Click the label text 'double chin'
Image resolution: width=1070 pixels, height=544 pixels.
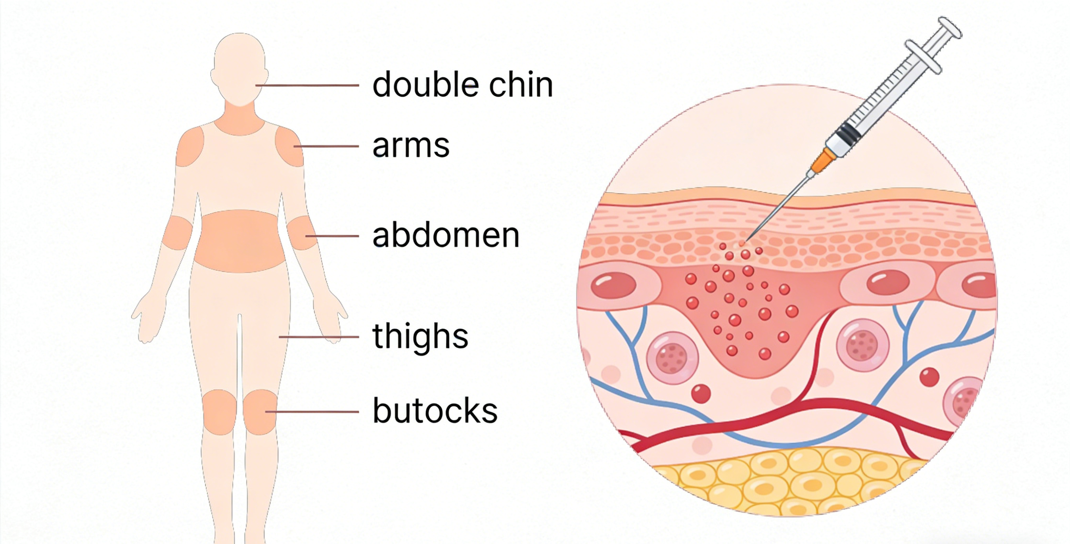(x=462, y=85)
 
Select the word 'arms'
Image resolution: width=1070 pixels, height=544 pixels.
(x=411, y=146)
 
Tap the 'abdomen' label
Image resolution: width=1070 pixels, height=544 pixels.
(x=446, y=236)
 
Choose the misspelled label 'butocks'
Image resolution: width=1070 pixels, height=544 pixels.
(x=435, y=411)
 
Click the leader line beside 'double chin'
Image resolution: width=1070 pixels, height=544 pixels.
(x=308, y=85)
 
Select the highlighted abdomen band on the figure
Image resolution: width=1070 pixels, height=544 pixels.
(x=240, y=241)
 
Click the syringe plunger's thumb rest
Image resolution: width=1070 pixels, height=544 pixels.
(x=950, y=28)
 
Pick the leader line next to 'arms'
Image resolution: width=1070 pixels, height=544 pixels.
(x=326, y=146)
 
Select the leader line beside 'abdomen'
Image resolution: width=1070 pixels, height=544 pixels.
(x=332, y=236)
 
